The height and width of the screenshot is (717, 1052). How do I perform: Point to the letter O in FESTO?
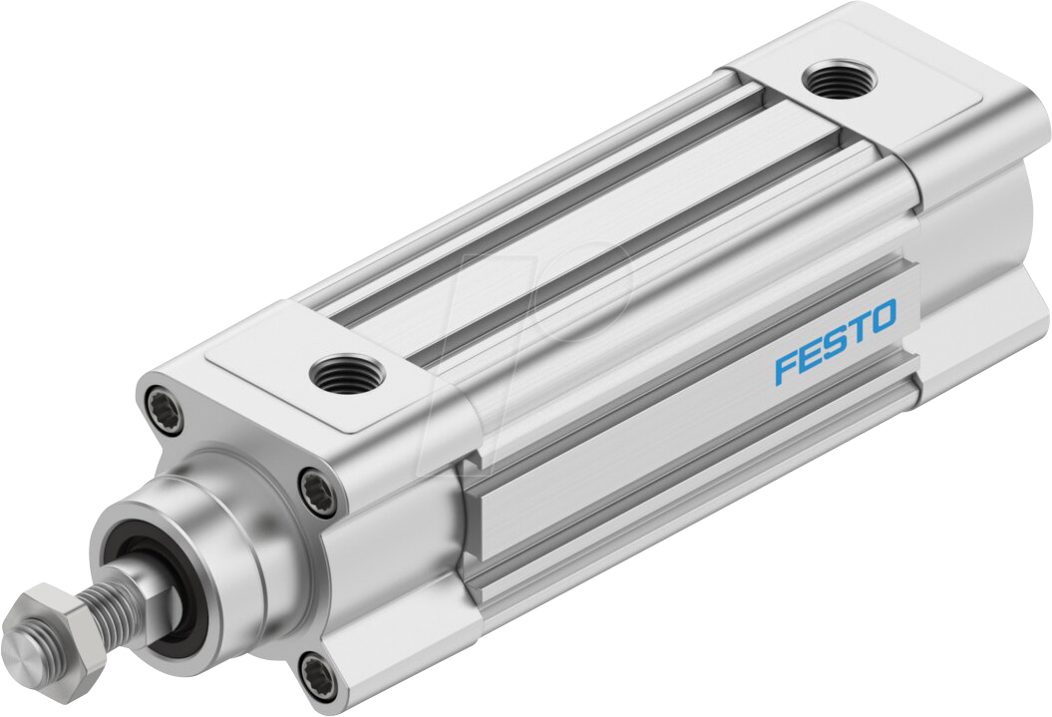point(883,317)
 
